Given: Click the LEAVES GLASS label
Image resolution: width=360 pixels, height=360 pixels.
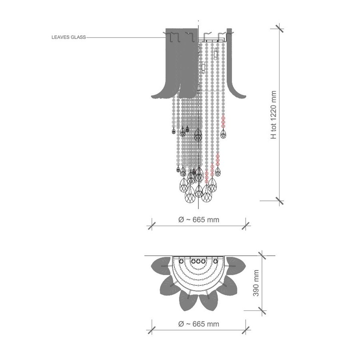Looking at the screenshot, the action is (69, 37).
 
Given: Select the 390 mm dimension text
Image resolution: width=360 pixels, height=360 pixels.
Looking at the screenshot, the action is (256, 283).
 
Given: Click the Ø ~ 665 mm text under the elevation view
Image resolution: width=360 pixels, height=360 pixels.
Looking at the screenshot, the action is (199, 220).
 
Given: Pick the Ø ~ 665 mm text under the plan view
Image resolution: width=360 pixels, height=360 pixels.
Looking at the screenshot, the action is (199, 324).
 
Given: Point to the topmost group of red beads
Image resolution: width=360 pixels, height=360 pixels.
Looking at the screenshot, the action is (223, 122).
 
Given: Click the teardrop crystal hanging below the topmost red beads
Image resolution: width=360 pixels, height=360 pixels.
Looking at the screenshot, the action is (223, 134).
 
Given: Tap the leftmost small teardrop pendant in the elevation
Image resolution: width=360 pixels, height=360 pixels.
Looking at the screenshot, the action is (174, 131).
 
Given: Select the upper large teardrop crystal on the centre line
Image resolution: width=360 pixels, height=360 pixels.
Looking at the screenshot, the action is (198, 135).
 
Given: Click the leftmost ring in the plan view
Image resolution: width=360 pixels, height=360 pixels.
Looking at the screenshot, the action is (181, 261).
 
